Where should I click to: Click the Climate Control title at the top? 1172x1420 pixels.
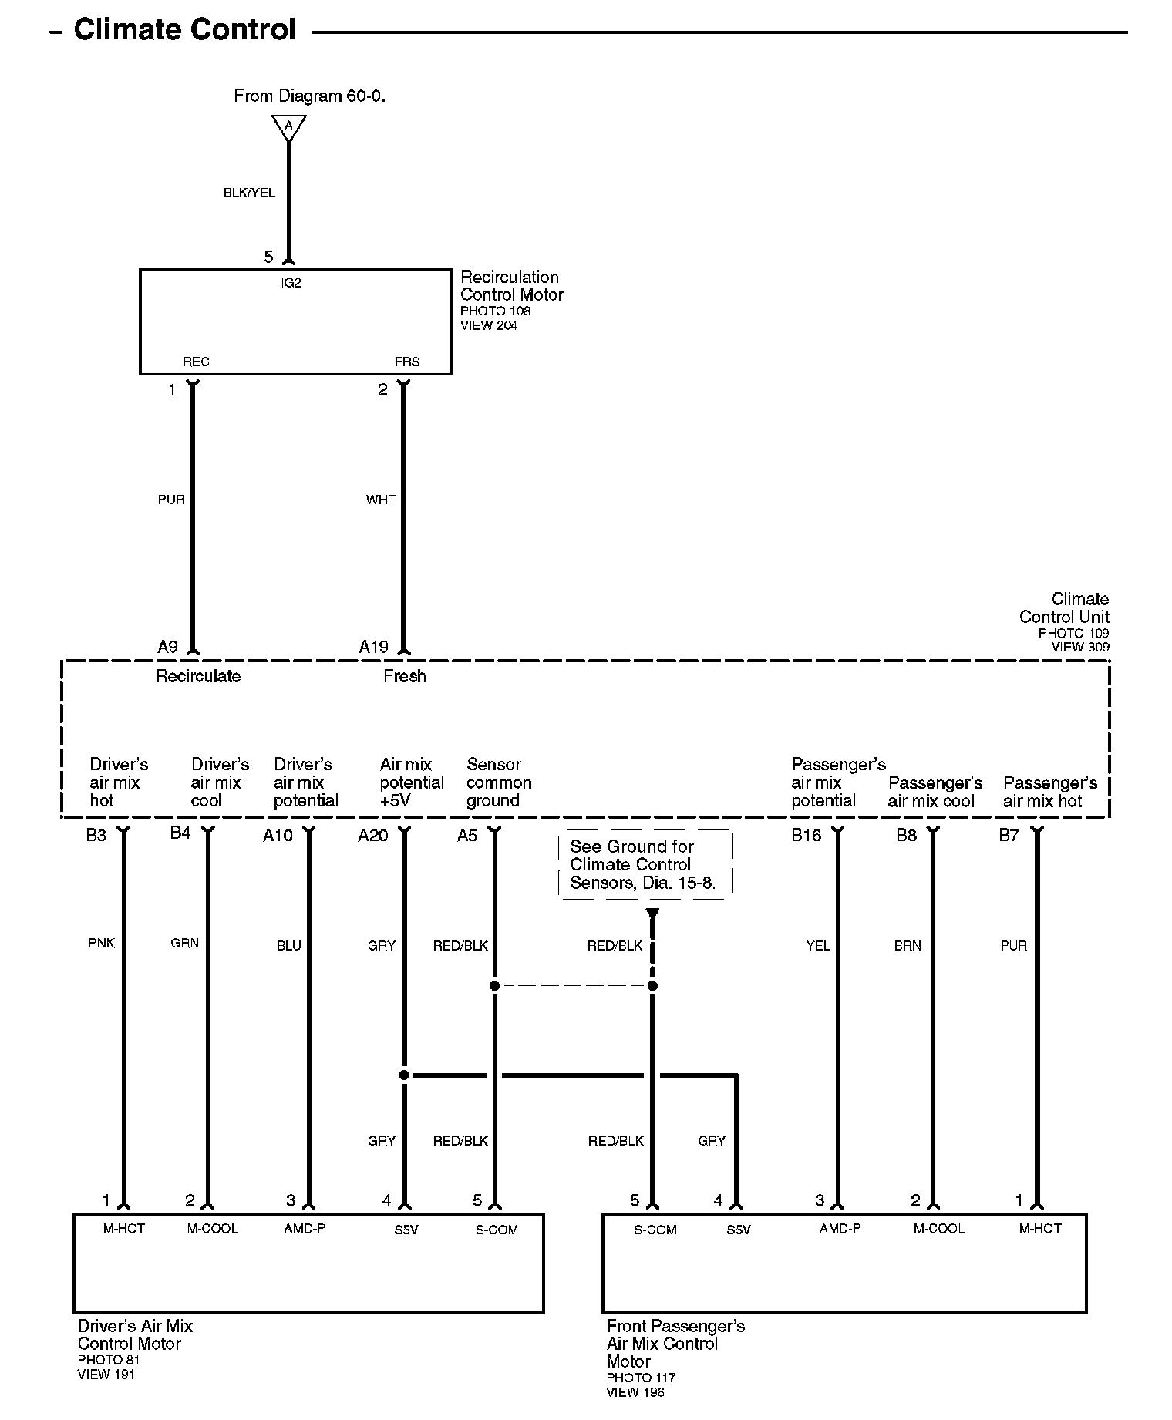[x=184, y=30]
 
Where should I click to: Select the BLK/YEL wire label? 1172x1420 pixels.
[x=249, y=193]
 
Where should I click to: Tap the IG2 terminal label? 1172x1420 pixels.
[x=291, y=283]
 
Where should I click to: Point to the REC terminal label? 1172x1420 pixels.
[x=196, y=362]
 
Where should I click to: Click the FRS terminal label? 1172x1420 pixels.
[x=406, y=362]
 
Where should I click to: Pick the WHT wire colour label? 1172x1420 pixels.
[x=381, y=500]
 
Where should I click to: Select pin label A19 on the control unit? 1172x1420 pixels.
[x=374, y=647]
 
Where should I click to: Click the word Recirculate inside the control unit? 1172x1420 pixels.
[x=198, y=676]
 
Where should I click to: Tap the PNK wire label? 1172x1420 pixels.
[x=102, y=943]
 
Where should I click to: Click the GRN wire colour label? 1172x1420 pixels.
[x=185, y=943]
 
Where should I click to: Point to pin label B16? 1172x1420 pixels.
[x=807, y=836]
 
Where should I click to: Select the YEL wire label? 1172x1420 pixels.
[x=818, y=946]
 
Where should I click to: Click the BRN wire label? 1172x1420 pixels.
[x=908, y=946]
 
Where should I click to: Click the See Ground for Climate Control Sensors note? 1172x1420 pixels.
[x=643, y=864]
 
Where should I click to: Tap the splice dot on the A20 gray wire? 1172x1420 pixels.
[x=404, y=1075]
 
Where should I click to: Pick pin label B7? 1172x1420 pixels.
[x=1009, y=836]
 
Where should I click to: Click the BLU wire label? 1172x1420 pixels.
[x=289, y=946]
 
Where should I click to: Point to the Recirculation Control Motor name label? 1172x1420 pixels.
[x=511, y=286]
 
